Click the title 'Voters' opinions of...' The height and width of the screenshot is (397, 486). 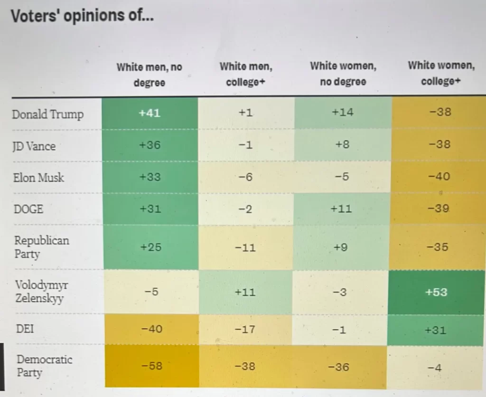[82, 16]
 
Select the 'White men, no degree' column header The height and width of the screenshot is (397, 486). [150, 75]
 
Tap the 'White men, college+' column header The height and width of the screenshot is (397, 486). [246, 75]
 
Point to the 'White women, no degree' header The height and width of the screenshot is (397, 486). [343, 74]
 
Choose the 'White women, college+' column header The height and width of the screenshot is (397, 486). [441, 73]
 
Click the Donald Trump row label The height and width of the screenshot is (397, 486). [47, 114]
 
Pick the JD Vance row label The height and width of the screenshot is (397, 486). [34, 146]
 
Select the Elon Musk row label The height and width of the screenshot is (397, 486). [38, 178]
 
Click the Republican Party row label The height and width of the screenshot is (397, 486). [41, 246]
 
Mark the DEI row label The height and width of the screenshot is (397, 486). [25, 328]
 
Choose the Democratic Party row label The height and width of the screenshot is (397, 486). [45, 365]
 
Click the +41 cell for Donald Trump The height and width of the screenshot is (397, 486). [150, 113]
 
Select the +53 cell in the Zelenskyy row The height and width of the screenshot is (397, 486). [437, 292]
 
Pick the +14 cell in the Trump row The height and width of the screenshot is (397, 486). [343, 113]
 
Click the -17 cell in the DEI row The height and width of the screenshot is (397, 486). [246, 329]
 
